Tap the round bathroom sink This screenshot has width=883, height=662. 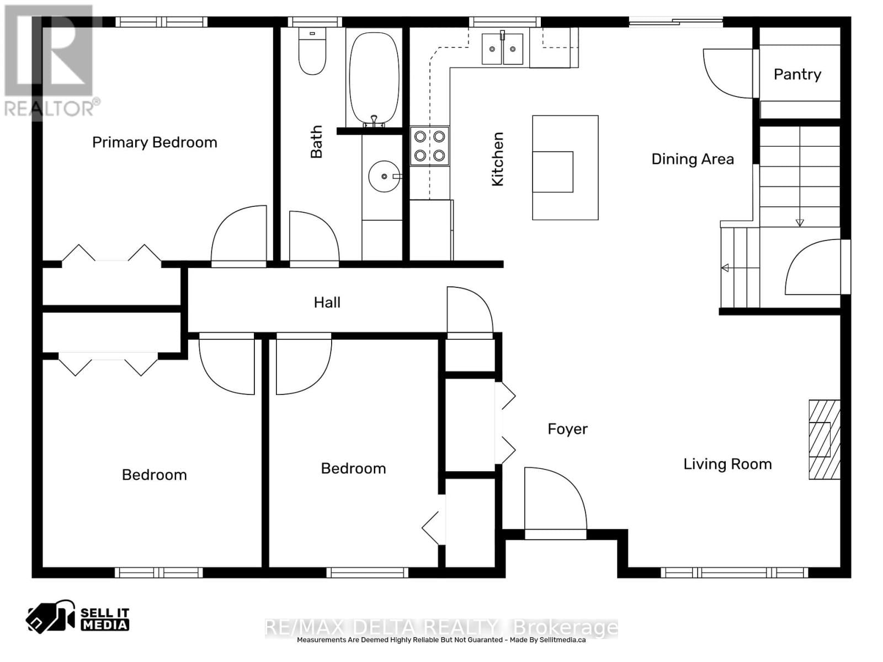pos(384,176)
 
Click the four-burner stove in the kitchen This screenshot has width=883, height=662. pos(429,146)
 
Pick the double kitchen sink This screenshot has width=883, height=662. pos(502,49)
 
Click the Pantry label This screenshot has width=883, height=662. pos(797,74)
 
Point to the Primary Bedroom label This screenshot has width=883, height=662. pos(155,142)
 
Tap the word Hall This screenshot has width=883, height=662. pos(327,302)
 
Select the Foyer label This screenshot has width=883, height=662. pos(567,429)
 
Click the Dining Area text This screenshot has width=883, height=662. pos(692,159)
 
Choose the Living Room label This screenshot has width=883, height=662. pos(727,464)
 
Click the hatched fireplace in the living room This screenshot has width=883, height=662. pos(824,439)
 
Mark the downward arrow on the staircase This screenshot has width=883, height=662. pos(800,222)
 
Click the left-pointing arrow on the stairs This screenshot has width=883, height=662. pos(725,268)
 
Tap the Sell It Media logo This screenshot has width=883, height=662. pos(78,618)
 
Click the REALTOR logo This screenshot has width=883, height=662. pos(50,61)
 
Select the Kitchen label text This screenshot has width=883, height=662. pos(497,159)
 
